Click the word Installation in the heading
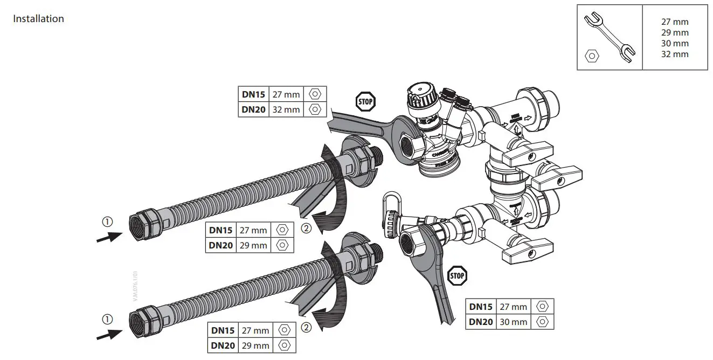tap(38, 19)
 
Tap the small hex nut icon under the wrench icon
tap(592, 56)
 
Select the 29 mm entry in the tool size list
tap(675, 33)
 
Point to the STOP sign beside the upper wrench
tap(365, 101)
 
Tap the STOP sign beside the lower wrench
tap(457, 275)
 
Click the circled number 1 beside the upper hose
tap(108, 221)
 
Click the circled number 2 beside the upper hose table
tap(306, 229)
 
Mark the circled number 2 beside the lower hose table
tap(306, 327)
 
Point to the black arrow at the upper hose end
tap(108, 237)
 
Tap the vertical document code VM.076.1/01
tap(136, 286)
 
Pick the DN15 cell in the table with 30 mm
tap(481, 307)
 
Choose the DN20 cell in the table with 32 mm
tap(253, 109)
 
